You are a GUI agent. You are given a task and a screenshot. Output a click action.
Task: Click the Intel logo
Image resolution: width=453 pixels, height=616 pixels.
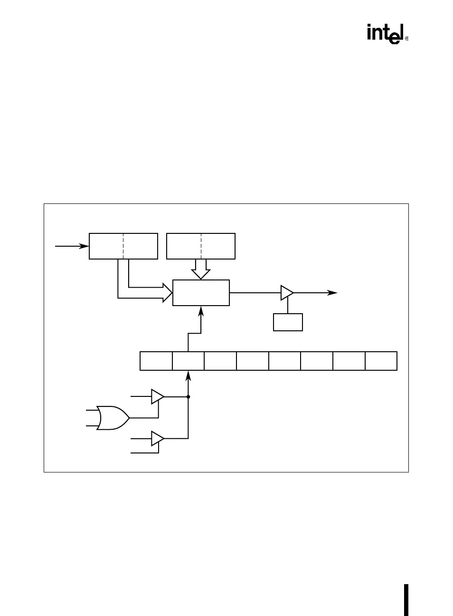386,34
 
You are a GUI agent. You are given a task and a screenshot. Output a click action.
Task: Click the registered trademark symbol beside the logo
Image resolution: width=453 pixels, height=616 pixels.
406,39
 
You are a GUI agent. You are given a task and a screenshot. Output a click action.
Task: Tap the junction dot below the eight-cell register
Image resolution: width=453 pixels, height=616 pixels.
189,396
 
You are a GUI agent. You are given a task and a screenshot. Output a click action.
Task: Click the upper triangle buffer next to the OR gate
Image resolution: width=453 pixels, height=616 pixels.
157,396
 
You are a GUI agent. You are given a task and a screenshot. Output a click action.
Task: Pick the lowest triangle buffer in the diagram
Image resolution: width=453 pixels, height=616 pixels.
157,439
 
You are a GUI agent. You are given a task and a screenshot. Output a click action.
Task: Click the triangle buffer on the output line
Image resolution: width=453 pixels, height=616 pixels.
287,293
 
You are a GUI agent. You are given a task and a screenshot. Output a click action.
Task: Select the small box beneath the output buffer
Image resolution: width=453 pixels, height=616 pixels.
288,322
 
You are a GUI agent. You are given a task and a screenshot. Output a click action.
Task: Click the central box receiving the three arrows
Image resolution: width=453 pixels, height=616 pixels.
201,293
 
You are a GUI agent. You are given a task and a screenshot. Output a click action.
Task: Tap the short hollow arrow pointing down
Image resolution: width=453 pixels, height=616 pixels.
201,270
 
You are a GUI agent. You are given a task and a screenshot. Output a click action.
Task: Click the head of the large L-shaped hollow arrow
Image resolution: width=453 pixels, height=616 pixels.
167,292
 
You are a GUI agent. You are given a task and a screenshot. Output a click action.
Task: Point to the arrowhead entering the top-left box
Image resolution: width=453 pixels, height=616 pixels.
85,246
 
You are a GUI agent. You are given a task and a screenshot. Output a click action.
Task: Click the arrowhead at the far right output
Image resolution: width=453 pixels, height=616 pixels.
334,293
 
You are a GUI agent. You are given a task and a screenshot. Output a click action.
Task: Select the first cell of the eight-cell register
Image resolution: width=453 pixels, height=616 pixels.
156,361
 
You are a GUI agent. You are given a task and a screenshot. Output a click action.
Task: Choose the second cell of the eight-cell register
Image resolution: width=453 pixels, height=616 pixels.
188,361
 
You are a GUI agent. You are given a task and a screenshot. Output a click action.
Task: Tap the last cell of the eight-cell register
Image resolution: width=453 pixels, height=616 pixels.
381,361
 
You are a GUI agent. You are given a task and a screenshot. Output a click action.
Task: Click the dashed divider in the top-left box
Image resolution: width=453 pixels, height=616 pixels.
123,246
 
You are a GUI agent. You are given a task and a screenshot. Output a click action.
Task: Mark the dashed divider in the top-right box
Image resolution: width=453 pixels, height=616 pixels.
201,246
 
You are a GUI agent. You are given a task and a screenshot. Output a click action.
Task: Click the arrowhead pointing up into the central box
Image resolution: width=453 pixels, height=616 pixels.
201,311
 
